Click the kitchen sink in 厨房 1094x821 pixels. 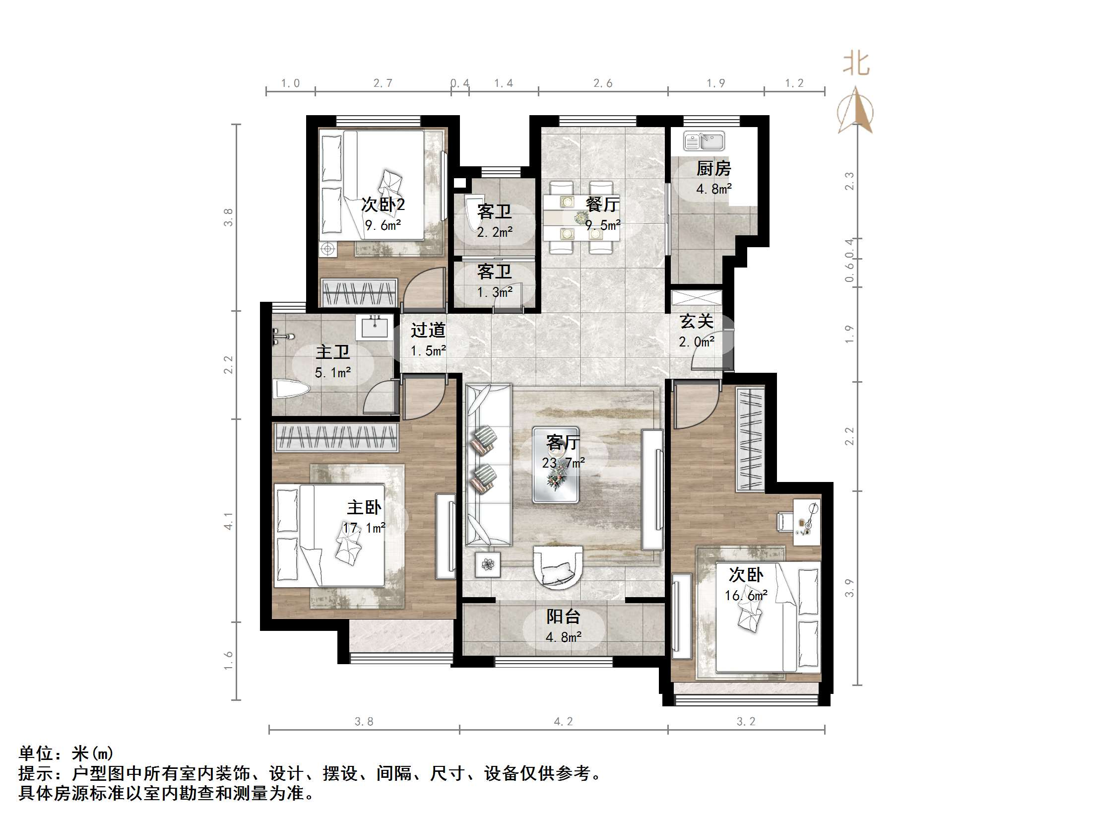(x=704, y=141)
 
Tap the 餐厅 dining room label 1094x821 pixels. (x=603, y=204)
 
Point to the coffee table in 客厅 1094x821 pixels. (x=556, y=465)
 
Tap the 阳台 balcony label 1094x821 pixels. (x=563, y=616)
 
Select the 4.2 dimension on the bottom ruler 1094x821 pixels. (x=563, y=722)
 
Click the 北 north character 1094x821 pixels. (x=856, y=65)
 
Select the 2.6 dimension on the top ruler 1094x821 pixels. (x=603, y=83)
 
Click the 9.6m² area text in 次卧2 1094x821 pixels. (x=383, y=225)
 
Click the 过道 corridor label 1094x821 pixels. (x=428, y=330)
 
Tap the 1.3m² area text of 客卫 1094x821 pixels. (x=495, y=292)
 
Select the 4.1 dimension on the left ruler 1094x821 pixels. (x=228, y=521)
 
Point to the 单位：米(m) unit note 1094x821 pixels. (x=66, y=753)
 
